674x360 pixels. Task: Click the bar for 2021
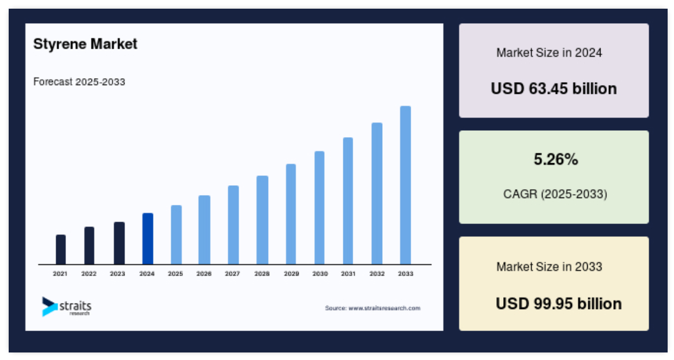[x=61, y=249]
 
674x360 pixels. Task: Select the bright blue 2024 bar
[x=148, y=238]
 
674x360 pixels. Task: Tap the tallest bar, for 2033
[x=405, y=185]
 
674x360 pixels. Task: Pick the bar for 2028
[x=262, y=220]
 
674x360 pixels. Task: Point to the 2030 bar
[x=320, y=208]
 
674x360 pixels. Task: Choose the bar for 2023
[x=119, y=243]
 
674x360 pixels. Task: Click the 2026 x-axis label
[x=204, y=274]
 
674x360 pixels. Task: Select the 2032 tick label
[x=377, y=274]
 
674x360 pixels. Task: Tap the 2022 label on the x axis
[x=89, y=274]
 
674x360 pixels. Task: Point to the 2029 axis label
[x=291, y=274]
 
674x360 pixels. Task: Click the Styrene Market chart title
[x=85, y=44]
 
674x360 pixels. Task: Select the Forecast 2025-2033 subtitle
[x=79, y=82]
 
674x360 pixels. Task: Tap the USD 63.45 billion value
[x=554, y=89]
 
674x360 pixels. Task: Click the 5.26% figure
[x=556, y=159]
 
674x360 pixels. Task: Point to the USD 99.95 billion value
[x=559, y=304]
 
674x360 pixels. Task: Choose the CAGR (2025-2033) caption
[x=555, y=194]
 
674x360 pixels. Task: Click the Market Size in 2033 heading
[x=550, y=267]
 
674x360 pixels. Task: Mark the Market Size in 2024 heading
[x=550, y=53]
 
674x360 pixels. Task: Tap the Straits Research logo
[x=67, y=307]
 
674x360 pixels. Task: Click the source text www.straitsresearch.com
[x=384, y=308]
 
